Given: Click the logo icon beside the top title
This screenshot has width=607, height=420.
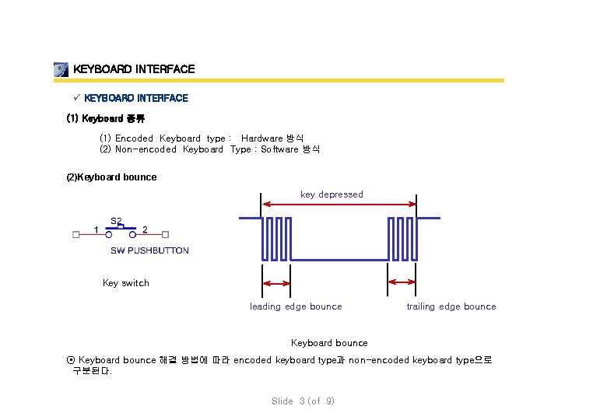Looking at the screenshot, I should (61, 69).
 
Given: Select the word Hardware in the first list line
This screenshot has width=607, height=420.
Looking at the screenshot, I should (261, 138).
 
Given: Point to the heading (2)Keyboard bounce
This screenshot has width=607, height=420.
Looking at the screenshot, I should (111, 177).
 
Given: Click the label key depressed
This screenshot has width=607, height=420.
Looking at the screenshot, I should (332, 194).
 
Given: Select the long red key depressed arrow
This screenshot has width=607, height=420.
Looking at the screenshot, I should (340, 204).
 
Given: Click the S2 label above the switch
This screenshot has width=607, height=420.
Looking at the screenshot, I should (115, 220).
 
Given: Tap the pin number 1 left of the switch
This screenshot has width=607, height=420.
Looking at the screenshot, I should (96, 229).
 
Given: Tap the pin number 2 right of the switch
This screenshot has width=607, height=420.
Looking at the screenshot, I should (146, 229).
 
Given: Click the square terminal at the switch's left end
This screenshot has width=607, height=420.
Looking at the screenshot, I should (75, 233).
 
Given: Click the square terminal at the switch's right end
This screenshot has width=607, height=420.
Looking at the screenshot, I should (165, 233).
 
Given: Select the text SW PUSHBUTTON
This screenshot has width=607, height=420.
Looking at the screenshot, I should (149, 250).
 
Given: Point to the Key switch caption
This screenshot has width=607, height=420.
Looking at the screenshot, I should (125, 283).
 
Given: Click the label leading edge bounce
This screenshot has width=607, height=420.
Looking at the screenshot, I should (296, 306).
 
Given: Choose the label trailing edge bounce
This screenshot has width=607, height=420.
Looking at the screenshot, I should (451, 306).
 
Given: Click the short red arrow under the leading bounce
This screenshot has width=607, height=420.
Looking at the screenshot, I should (276, 282).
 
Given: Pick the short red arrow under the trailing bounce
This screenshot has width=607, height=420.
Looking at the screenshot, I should (402, 282).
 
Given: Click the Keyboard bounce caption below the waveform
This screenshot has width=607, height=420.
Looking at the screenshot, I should (329, 343).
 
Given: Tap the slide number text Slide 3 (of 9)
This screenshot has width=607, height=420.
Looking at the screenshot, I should (303, 401).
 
